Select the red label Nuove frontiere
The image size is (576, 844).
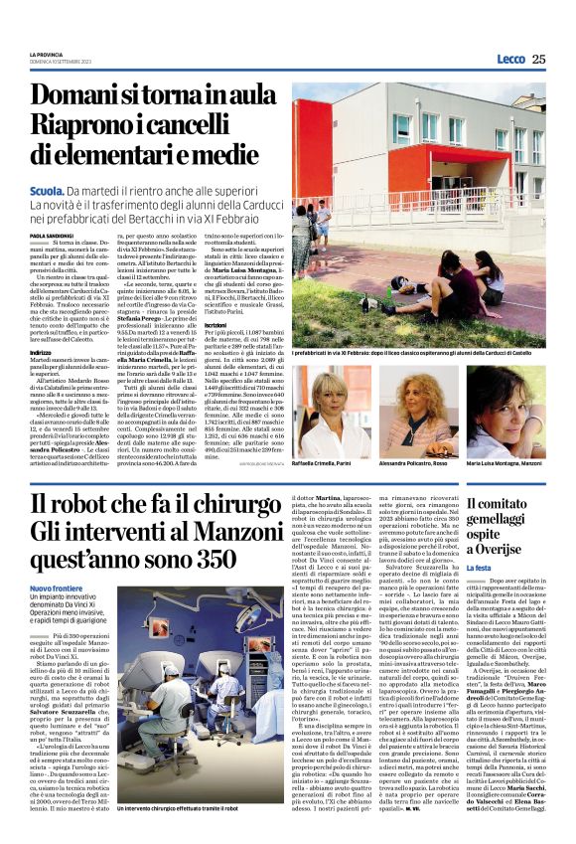57,589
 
